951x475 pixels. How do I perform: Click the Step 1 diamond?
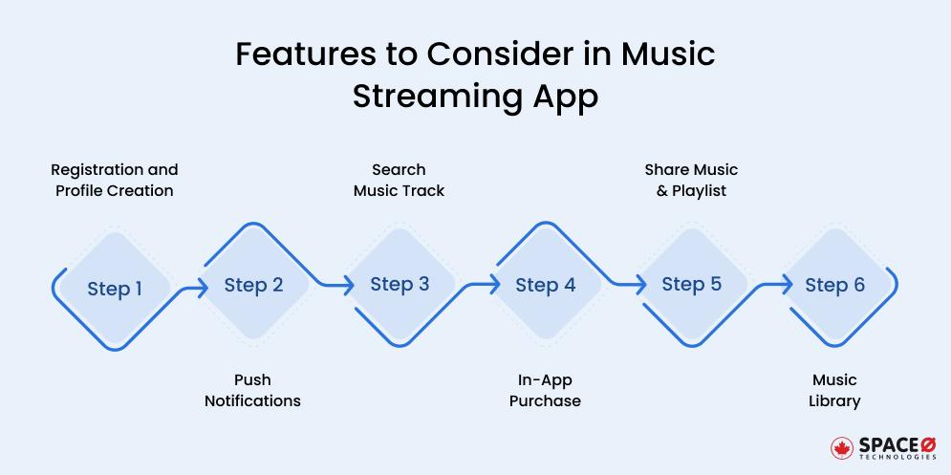click(x=115, y=289)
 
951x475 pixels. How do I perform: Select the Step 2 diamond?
click(x=253, y=285)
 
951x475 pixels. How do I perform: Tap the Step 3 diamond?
click(x=400, y=285)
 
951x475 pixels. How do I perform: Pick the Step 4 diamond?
click(x=545, y=285)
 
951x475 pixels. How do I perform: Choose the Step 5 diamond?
click(x=691, y=285)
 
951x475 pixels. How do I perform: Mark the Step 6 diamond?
click(x=834, y=285)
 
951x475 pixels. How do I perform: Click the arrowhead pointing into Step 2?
click(x=203, y=285)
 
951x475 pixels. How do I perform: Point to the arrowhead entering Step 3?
click(x=349, y=285)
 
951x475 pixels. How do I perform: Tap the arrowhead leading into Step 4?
click(x=495, y=285)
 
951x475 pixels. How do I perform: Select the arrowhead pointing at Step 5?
click(x=641, y=285)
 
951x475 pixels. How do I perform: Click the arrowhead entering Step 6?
click(x=787, y=285)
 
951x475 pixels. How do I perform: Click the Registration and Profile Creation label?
click(x=114, y=180)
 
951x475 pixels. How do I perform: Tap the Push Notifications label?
click(x=252, y=391)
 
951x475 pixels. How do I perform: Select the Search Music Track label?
click(x=399, y=180)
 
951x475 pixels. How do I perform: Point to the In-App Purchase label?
click(x=545, y=391)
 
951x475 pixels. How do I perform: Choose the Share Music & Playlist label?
click(x=691, y=180)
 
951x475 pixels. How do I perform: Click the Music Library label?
click(x=834, y=391)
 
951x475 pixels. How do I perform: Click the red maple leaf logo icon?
click(x=841, y=448)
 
